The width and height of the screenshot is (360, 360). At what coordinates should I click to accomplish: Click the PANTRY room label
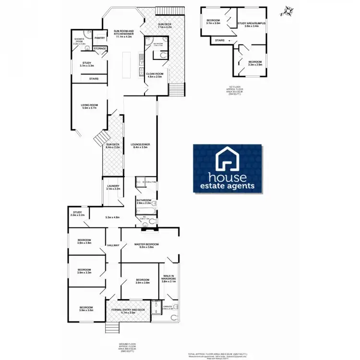100,38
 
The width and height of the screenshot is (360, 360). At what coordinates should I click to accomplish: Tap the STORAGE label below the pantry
100,48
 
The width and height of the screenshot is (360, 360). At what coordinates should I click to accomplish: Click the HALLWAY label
113,245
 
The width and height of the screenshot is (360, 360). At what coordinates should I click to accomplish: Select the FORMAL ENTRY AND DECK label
128,310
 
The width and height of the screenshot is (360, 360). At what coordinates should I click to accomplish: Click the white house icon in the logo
228,160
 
